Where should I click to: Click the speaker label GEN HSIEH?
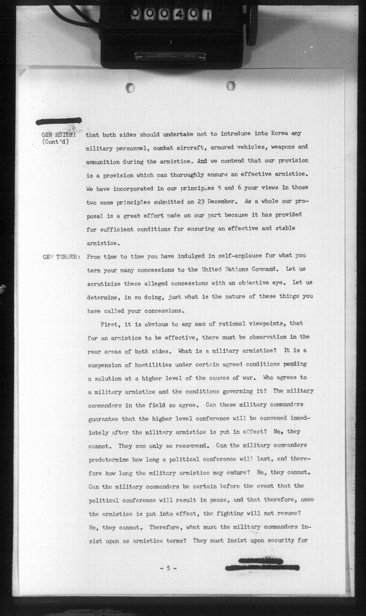[58, 134]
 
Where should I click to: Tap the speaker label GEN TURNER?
[62, 257]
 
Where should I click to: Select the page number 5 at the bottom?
[168, 568]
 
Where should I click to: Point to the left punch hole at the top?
[130, 88]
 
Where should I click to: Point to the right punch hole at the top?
[230, 85]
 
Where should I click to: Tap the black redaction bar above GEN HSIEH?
[58, 121]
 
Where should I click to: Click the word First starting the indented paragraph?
[110, 323]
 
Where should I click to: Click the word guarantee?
[104, 419]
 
